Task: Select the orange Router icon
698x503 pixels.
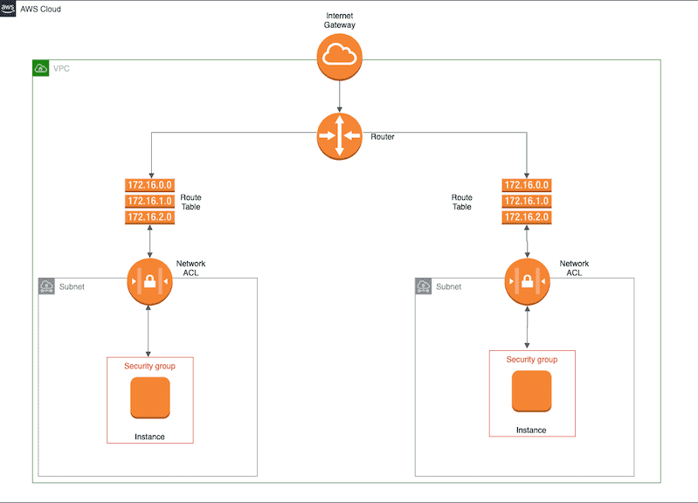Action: (339, 135)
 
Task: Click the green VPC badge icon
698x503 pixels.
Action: (40, 67)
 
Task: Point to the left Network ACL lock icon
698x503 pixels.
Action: (149, 281)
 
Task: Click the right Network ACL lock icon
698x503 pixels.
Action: (527, 281)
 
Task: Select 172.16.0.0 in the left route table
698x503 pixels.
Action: (150, 185)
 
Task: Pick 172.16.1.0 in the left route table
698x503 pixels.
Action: (150, 201)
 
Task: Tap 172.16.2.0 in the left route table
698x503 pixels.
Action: (150, 217)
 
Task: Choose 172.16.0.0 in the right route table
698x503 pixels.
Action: (527, 185)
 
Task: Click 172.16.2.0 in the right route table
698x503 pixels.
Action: (527, 217)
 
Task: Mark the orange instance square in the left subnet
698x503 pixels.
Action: (149, 397)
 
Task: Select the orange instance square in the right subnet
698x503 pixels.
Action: (531, 390)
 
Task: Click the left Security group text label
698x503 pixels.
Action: (149, 366)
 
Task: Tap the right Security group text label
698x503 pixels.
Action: (531, 359)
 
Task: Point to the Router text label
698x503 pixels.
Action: (383, 137)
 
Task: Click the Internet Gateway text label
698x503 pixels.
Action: (339, 21)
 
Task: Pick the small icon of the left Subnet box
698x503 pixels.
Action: (46, 286)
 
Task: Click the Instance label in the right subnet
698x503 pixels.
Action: (531, 430)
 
